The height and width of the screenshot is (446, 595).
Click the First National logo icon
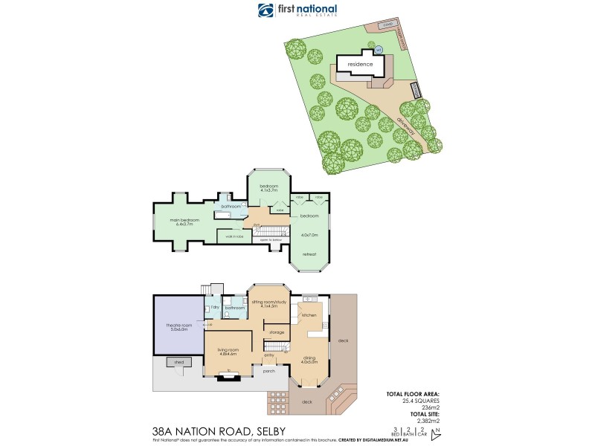point(266,10)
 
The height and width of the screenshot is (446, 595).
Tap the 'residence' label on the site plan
point(360,64)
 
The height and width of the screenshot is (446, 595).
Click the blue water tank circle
point(378,50)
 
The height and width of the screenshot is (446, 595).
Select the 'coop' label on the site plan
point(387,25)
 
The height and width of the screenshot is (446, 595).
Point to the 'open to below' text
point(271,240)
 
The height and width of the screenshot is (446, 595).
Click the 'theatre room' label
point(178,326)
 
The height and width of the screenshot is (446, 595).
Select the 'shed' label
point(178,363)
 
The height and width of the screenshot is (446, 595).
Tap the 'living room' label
point(229,351)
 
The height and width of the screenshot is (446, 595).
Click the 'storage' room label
point(276,332)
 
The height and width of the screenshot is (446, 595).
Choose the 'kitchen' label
point(309,316)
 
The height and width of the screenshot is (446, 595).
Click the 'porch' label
point(269,369)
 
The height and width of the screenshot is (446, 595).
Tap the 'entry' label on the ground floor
point(269,355)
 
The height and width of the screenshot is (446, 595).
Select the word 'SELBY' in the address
point(267,430)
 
